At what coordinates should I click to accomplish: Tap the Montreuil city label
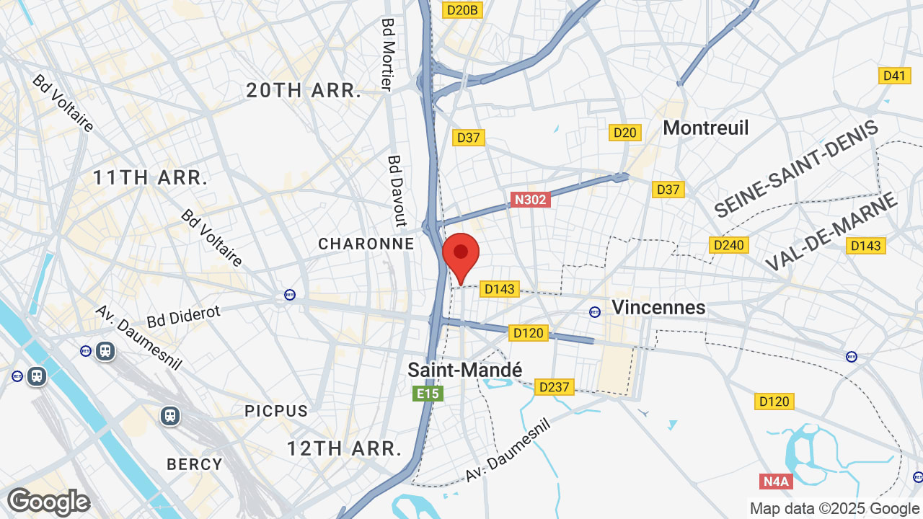(705, 128)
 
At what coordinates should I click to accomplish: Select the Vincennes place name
(658, 308)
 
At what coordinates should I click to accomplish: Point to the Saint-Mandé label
(464, 370)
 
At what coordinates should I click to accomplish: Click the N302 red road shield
(530, 200)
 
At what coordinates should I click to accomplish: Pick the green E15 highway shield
(427, 394)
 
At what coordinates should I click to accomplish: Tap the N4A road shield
(776, 481)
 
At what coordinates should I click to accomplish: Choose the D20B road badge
(462, 10)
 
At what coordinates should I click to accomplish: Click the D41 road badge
(893, 76)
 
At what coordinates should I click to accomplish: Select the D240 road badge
(728, 245)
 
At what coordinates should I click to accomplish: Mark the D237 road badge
(553, 387)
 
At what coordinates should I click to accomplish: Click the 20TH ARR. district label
(304, 91)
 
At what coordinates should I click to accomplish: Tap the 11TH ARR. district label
(150, 177)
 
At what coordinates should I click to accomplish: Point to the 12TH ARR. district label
(344, 448)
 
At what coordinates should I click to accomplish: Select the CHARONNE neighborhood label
(366, 244)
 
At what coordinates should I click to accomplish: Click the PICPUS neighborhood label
(276, 411)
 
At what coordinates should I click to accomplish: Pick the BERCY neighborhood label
(195, 464)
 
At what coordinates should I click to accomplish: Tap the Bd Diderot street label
(183, 316)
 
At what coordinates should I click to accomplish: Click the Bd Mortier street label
(387, 55)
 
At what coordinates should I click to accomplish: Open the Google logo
(48, 502)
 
